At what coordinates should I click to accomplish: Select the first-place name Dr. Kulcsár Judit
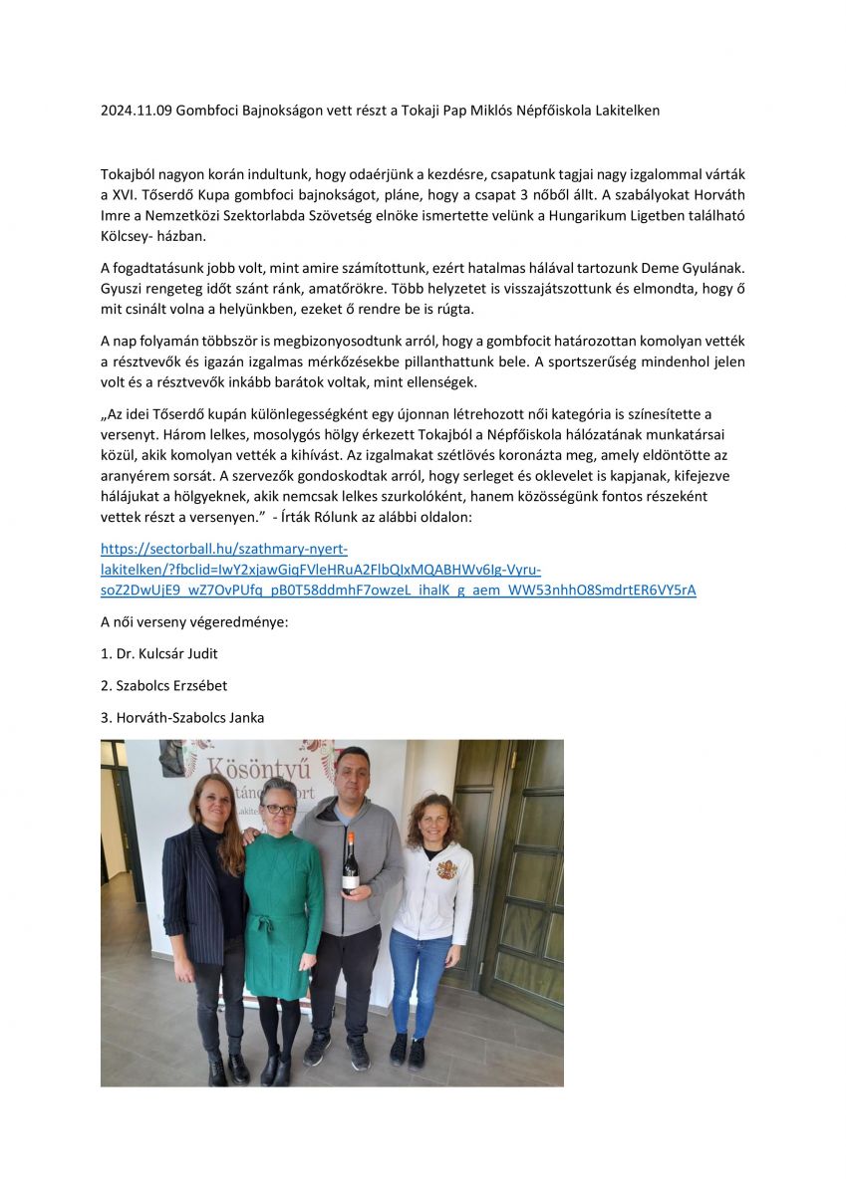click(159, 653)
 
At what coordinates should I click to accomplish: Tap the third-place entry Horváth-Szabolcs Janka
click(182, 717)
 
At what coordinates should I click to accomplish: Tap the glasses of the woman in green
click(280, 809)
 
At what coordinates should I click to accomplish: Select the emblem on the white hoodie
click(447, 870)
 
